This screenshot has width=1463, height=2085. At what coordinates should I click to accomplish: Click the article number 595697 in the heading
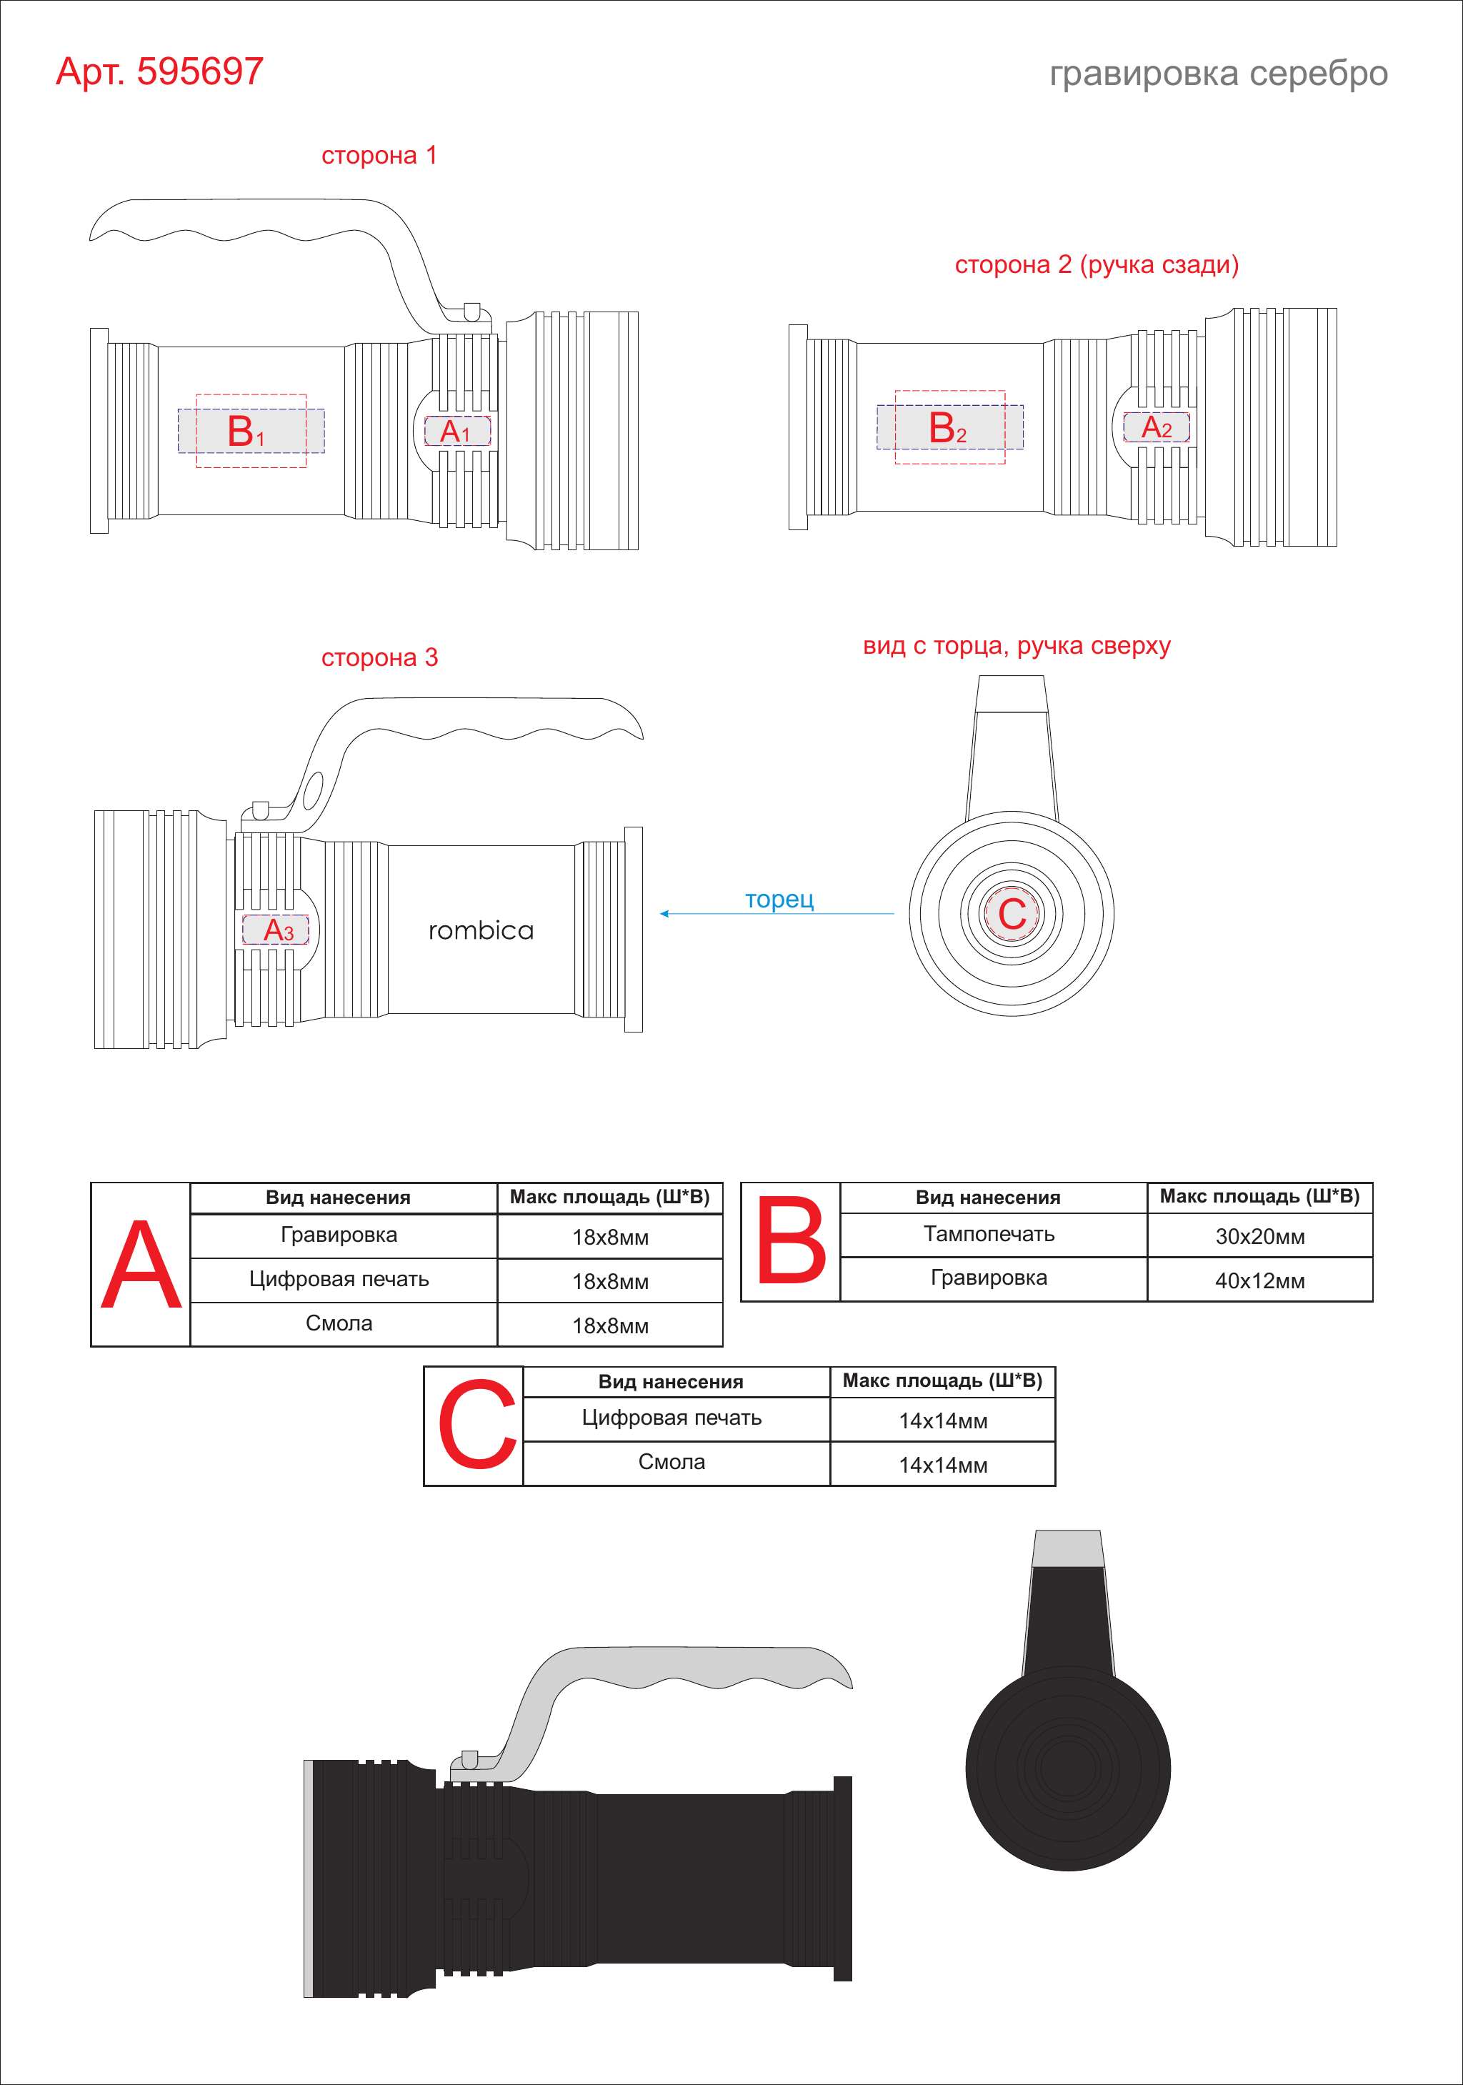point(200,71)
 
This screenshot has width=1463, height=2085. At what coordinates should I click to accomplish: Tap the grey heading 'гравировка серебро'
point(1219,74)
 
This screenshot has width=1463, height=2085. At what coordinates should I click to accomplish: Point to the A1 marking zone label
point(455,432)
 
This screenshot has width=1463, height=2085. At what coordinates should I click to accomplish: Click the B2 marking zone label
point(947,428)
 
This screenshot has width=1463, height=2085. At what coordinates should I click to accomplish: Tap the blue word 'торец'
point(779,899)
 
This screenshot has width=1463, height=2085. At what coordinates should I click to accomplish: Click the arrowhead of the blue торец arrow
point(663,914)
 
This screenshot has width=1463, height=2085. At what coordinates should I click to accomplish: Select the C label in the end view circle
point(1012,914)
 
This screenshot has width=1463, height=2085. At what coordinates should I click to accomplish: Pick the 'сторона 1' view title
point(379,155)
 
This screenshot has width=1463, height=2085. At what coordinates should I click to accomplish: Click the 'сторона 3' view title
point(379,657)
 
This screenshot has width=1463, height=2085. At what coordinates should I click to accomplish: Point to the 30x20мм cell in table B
point(1259,1236)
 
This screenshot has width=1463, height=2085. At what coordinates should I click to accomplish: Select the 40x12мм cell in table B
point(1259,1280)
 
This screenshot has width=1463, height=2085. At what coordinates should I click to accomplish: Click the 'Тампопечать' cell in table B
point(989,1234)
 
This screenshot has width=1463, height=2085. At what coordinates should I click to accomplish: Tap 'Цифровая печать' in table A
point(339,1280)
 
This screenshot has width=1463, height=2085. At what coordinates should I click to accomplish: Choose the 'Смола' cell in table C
point(671,1462)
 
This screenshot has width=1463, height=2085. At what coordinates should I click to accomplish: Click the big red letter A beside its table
point(141,1264)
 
